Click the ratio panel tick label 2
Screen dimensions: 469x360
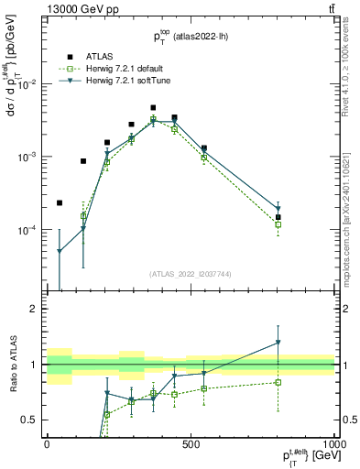tap(34, 309)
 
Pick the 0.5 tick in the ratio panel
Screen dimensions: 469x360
tap(30, 420)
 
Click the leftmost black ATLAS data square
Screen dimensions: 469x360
tap(60, 203)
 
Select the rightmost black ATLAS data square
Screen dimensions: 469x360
tap(278, 217)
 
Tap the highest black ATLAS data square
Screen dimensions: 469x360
tap(153, 108)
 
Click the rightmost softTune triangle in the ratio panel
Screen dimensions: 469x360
tap(278, 343)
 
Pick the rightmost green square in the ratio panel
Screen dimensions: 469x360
tap(278, 382)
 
